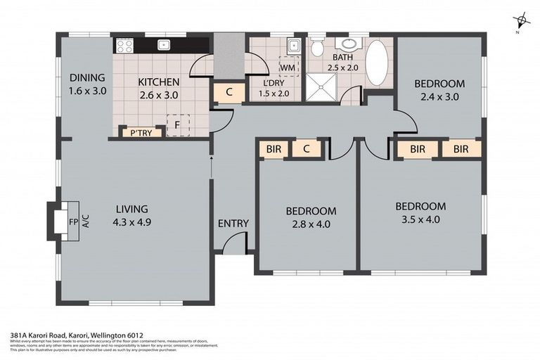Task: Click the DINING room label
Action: click(87, 78)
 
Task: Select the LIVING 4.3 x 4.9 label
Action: click(132, 209)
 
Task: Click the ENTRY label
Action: click(233, 224)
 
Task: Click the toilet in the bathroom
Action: click(318, 48)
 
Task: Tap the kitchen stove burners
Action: click(124, 46)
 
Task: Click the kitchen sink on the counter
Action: click(164, 45)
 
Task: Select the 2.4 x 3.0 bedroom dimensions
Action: click(439, 97)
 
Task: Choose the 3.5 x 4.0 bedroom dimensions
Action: click(420, 219)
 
